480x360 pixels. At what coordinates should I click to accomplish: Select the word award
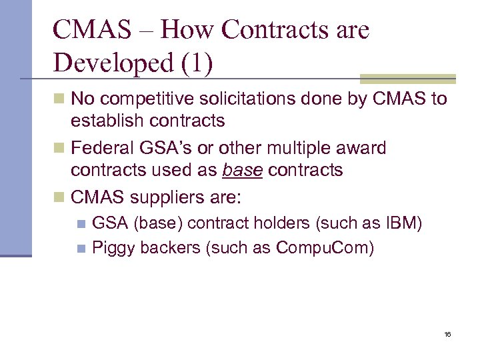pos(361,148)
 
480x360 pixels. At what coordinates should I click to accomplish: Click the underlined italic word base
pos(243,170)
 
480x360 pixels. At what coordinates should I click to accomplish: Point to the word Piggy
pos(113,248)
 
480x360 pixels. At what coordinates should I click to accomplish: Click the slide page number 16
pos(447,334)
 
